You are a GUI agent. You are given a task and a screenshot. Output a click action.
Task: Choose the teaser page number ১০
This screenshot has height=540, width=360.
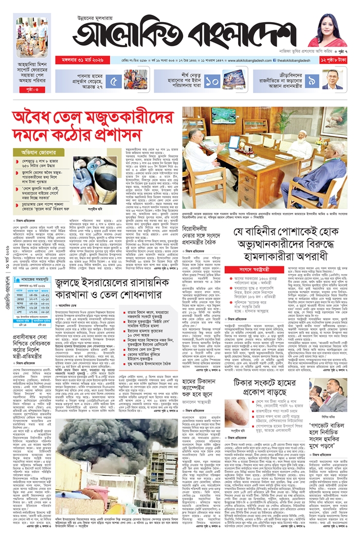point(212,80)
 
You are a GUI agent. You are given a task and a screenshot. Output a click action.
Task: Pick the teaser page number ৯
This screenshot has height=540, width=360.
point(312,80)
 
